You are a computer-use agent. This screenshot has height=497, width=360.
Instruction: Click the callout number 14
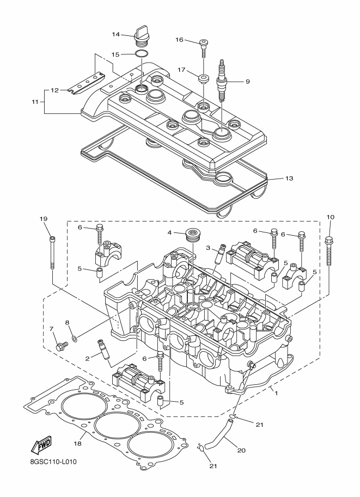(116, 34)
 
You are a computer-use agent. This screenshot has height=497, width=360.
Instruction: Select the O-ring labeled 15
(141, 54)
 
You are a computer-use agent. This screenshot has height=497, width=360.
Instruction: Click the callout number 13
(289, 178)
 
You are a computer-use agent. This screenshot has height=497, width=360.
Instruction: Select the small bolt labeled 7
(60, 345)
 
